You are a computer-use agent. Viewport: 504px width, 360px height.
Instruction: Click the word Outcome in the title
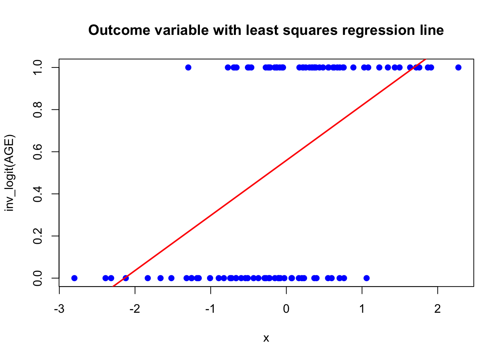pyautogui.click(x=119, y=30)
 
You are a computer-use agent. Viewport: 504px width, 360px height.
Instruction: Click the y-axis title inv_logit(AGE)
pyautogui.click(x=9, y=173)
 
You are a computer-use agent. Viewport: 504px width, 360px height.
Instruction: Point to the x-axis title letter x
pyautogui.click(x=266, y=338)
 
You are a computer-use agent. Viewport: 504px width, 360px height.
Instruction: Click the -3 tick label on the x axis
pyautogui.click(x=59, y=309)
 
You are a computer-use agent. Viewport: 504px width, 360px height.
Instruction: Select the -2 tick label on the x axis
pyautogui.click(x=135, y=309)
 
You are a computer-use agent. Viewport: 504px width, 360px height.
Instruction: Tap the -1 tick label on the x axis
pyautogui.click(x=210, y=309)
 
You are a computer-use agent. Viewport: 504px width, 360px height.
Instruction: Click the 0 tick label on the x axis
pyautogui.click(x=286, y=309)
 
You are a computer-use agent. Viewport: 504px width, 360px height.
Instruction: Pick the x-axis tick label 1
pyautogui.click(x=362, y=309)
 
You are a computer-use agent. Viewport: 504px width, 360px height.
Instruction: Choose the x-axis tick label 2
pyautogui.click(x=437, y=309)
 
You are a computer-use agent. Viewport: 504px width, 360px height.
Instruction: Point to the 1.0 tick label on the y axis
pyautogui.click(x=37, y=67)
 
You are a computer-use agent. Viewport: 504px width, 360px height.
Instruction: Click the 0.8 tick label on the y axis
pyautogui.click(x=37, y=109)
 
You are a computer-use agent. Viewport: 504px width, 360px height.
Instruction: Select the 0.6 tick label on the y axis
pyautogui.click(x=37, y=151)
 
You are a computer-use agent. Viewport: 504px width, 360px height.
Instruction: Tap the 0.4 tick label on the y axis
pyautogui.click(x=37, y=194)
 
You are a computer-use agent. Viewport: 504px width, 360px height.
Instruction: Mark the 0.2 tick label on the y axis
pyautogui.click(x=37, y=236)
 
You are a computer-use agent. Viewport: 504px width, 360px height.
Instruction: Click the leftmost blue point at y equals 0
pyautogui.click(x=74, y=278)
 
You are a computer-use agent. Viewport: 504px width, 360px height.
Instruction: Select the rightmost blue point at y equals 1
pyautogui.click(x=458, y=67)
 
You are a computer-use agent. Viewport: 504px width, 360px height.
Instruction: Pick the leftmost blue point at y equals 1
pyautogui.click(x=188, y=67)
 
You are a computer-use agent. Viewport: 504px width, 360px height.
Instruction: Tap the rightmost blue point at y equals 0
pyautogui.click(x=366, y=278)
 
